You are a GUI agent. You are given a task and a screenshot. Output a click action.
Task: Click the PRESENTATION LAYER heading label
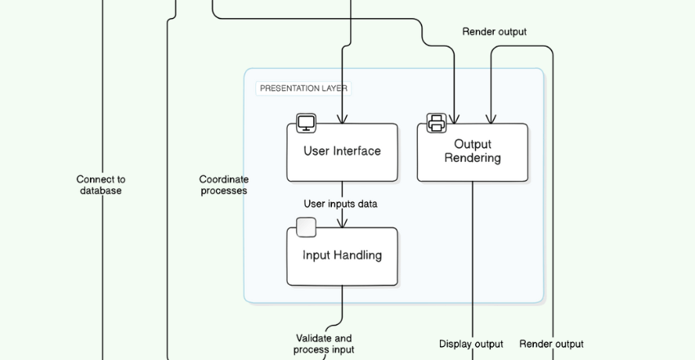304,88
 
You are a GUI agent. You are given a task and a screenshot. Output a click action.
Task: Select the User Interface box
342,152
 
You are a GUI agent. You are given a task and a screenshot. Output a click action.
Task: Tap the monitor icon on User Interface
306,124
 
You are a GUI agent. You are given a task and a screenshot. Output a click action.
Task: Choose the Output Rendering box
473,152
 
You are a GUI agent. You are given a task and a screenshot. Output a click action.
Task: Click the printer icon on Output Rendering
437,124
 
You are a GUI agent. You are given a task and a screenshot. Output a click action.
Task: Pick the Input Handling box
342,256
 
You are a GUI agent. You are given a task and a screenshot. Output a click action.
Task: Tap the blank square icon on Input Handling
306,227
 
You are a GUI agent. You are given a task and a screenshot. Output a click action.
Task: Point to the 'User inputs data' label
340,204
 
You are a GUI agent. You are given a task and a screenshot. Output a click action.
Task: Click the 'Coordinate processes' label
223,185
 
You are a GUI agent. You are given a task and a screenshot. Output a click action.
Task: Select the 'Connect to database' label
101,185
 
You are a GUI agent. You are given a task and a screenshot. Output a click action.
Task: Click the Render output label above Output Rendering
494,32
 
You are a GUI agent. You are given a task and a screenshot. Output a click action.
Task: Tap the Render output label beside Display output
551,344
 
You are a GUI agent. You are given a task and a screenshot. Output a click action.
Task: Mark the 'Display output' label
471,344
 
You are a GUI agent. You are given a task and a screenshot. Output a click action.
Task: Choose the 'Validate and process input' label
324,344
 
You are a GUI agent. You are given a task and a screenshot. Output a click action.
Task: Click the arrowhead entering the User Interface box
343,119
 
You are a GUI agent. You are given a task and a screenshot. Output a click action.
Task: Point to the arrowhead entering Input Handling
343,223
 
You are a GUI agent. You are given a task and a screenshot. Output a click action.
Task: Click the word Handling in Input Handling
359,255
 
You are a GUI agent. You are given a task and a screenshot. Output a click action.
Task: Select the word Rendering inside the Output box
473,158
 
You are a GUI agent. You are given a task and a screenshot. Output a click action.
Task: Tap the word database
101,191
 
